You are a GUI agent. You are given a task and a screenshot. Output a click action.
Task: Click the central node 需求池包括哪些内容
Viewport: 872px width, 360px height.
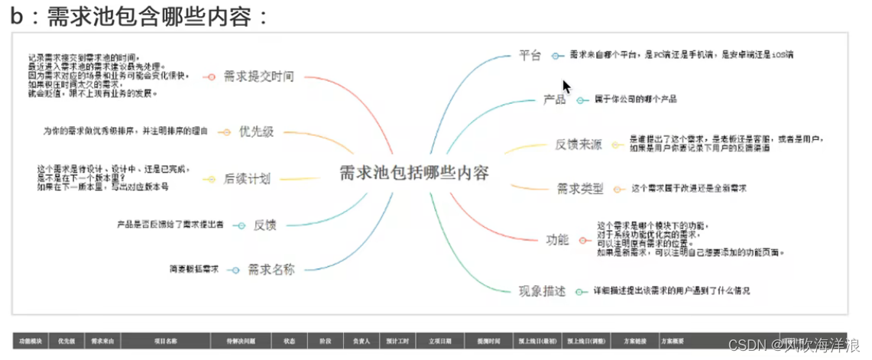pos(413,173)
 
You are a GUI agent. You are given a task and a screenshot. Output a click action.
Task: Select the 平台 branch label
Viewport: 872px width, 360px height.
pos(530,55)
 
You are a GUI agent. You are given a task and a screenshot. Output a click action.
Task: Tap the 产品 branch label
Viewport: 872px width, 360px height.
pos(554,99)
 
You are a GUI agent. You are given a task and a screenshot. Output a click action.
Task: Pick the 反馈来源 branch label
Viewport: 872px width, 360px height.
pos(578,145)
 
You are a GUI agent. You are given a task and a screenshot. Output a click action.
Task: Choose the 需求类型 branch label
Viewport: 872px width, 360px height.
pos(580,189)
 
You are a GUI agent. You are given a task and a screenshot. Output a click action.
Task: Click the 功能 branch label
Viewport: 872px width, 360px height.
pos(557,239)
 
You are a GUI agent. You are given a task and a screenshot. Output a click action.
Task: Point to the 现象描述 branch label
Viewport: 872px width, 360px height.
pos(542,290)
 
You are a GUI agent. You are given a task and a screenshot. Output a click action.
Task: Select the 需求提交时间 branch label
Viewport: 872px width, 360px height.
pos(258,76)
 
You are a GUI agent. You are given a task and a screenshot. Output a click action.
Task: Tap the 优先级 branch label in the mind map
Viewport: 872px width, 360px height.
pos(256,131)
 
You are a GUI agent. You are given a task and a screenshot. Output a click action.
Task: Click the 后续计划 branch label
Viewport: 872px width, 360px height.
pos(247,179)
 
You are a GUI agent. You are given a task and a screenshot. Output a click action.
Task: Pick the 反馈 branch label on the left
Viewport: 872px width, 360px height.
pos(264,225)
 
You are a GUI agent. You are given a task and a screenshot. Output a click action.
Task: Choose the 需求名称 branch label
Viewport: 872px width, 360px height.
pos(271,269)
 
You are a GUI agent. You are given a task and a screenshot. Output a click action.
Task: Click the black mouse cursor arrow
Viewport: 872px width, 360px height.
pos(567,86)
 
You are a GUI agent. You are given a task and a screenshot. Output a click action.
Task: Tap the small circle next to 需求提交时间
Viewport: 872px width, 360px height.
pos(209,76)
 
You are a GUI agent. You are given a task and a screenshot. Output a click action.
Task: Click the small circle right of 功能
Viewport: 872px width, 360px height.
pos(583,240)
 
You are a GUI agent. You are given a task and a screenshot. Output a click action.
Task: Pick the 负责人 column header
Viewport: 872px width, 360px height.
pos(361,341)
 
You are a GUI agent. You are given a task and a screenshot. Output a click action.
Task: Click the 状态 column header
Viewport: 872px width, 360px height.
pos(290,341)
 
